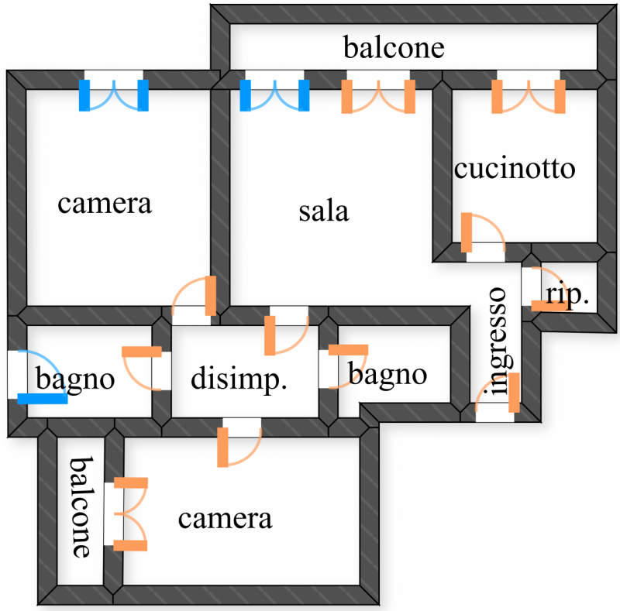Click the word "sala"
tap(324, 211)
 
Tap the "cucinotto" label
tap(515, 169)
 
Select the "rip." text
tap(567, 295)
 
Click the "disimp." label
tap(239, 379)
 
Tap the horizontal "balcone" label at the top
tap(394, 48)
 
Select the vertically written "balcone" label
tap(81, 507)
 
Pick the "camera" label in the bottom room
tap(225, 518)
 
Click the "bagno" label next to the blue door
tap(76, 379)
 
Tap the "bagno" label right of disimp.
tap(387, 375)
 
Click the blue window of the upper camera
tap(114, 94)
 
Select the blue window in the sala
tap(274, 94)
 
